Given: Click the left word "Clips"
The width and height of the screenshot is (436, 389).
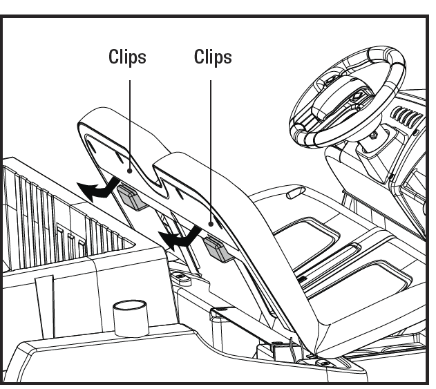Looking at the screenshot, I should [127, 57].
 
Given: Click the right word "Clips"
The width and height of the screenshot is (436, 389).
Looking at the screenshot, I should [213, 57].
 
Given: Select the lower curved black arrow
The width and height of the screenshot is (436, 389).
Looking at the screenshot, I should [176, 238].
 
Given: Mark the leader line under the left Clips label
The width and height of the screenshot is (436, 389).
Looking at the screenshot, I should [130, 117].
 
